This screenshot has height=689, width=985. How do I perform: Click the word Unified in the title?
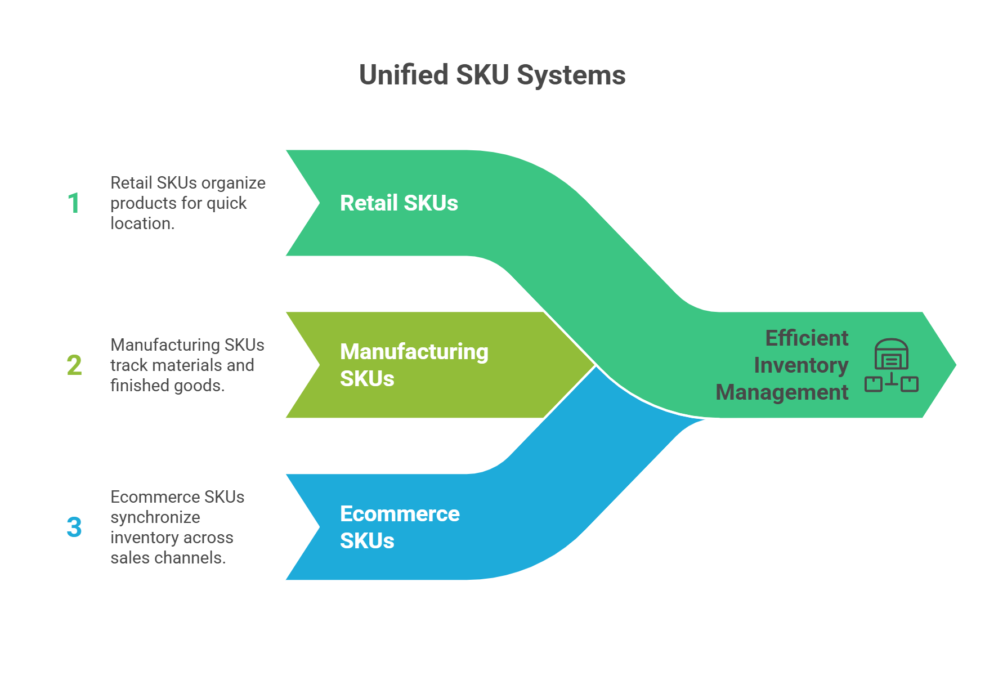(x=404, y=75)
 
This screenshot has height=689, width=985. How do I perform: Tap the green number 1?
(x=74, y=203)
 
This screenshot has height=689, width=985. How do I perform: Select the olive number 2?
(x=74, y=365)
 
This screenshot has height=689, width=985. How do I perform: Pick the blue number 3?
(x=74, y=527)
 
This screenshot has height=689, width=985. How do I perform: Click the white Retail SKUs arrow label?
(x=399, y=203)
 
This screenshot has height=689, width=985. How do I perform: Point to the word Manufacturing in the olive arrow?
(x=414, y=352)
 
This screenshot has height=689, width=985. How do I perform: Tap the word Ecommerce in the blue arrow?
(x=400, y=514)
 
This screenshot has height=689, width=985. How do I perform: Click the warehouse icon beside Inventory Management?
(x=891, y=354)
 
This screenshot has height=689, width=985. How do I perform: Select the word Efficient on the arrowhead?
(x=807, y=338)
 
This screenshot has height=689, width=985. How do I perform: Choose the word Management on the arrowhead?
(x=782, y=392)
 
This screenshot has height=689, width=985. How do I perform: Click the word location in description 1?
(x=141, y=223)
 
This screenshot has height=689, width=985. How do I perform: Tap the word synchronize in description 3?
(x=155, y=517)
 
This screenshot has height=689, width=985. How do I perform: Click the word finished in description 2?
(x=133, y=386)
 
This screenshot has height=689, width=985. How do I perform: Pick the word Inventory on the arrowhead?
(x=801, y=365)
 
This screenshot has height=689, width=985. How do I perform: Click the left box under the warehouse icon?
(x=874, y=384)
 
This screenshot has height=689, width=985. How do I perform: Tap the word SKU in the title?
(x=482, y=75)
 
